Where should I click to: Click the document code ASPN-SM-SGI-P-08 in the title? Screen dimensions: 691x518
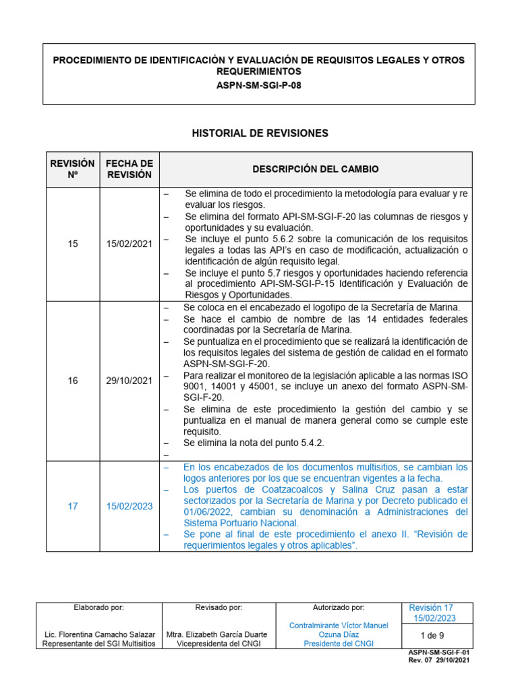tap(259, 85)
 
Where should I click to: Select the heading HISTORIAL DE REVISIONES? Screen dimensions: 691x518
tap(260, 133)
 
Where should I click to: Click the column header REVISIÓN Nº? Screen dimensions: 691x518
tap(73, 169)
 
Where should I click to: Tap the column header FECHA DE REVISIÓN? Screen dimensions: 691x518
tap(129, 169)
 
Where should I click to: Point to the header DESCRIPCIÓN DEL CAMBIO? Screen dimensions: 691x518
tap(316, 169)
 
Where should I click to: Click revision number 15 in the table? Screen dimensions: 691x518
tap(73, 244)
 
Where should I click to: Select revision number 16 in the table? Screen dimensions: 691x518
tap(73, 381)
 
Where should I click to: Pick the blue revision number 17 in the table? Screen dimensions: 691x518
tap(73, 506)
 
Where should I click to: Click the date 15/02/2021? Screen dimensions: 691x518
tap(129, 244)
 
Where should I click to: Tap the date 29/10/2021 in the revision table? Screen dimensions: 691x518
tap(129, 381)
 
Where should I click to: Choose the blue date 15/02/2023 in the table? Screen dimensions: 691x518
tap(129, 506)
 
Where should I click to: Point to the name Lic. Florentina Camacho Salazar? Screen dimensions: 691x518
tap(98, 634)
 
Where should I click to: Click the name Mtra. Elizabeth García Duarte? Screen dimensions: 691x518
tap(217, 634)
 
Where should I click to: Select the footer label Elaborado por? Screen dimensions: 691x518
tap(98, 607)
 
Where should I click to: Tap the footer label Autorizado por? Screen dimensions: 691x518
tap(339, 607)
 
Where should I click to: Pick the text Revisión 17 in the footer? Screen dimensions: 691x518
tap(431, 608)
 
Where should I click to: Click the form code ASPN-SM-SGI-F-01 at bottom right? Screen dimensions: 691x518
tap(438, 653)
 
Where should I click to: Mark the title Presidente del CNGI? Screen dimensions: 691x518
tap(339, 644)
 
